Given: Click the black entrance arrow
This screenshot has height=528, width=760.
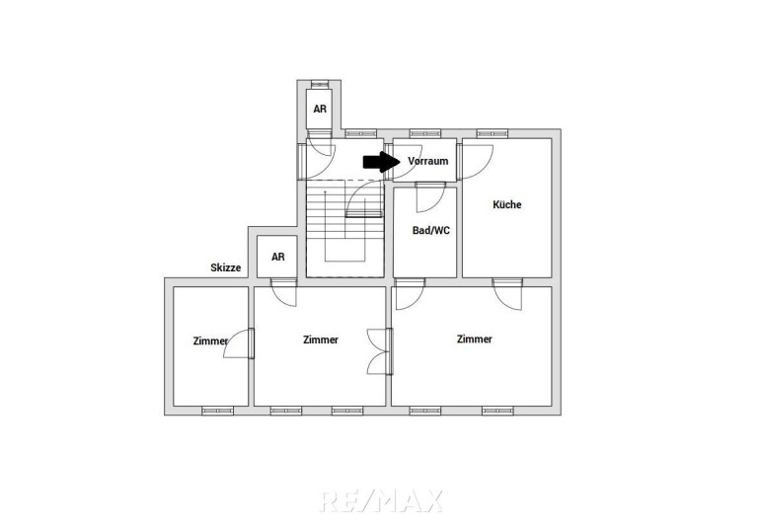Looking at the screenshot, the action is pyautogui.click(x=381, y=162).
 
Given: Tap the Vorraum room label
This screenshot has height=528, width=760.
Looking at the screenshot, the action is pyautogui.click(x=428, y=161).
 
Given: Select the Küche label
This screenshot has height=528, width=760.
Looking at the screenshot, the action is pyautogui.click(x=507, y=204).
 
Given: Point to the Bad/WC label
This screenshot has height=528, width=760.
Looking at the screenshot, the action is pyautogui.click(x=431, y=230).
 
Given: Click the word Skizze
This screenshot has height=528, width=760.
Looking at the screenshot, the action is pyautogui.click(x=225, y=267).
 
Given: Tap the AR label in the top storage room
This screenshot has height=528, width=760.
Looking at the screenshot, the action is pyautogui.click(x=320, y=110).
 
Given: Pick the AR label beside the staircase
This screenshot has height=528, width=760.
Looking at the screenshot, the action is pyautogui.click(x=278, y=257).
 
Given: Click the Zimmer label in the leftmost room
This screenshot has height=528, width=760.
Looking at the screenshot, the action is pyautogui.click(x=210, y=340).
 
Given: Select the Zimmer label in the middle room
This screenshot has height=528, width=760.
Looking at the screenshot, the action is pyautogui.click(x=321, y=339).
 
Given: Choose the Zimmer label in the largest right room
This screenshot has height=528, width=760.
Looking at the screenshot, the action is pyautogui.click(x=474, y=339).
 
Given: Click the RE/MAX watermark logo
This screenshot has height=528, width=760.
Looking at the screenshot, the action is pyautogui.click(x=381, y=500).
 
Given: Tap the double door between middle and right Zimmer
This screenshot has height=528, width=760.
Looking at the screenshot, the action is pyautogui.click(x=380, y=351).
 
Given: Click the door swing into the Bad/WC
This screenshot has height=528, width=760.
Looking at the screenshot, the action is pyautogui.click(x=430, y=197).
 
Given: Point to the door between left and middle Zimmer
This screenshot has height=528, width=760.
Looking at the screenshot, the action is pyautogui.click(x=239, y=343).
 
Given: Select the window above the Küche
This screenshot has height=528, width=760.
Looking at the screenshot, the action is pyautogui.click(x=492, y=133).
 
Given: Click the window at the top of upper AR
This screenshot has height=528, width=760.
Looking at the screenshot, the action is pyautogui.click(x=320, y=84).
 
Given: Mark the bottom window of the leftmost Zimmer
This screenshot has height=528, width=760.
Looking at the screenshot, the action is pyautogui.click(x=217, y=412).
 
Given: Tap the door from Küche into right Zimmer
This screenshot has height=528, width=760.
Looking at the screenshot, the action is pyautogui.click(x=507, y=294).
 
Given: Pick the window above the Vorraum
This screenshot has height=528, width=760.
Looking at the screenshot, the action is pyautogui.click(x=425, y=133).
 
